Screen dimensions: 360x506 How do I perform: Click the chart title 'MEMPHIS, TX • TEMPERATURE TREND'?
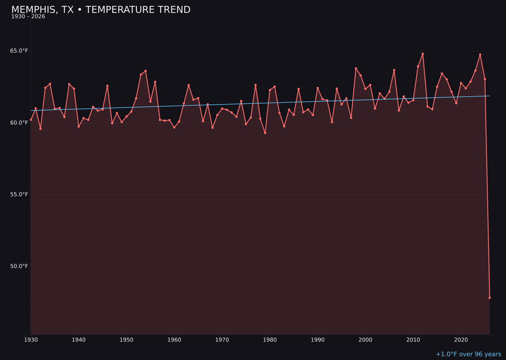[x=101, y=10]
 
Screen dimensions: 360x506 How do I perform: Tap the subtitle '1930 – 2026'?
[x=28, y=17]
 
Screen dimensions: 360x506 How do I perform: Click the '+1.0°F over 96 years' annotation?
[x=468, y=354]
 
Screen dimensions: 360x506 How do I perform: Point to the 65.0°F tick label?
[x=19, y=51]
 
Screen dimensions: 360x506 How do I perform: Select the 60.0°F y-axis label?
[x=19, y=123]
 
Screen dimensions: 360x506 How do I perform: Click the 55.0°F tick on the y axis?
[x=19, y=195]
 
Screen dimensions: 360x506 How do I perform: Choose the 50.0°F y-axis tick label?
[x=19, y=266]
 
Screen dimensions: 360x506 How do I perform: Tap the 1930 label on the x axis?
[x=31, y=340]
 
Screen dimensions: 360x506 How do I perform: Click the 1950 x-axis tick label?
[x=126, y=340]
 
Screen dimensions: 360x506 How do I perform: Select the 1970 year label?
[x=222, y=340]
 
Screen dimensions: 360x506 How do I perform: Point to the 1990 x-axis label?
[x=318, y=340]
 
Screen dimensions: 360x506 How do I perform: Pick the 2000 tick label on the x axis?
[x=365, y=340]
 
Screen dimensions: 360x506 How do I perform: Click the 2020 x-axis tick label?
[x=461, y=340]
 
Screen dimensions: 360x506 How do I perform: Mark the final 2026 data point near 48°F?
[x=490, y=298]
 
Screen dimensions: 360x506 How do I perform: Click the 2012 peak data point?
[x=423, y=54]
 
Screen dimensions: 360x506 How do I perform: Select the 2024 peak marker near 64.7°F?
[x=480, y=55]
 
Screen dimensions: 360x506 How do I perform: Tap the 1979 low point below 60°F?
[x=265, y=133]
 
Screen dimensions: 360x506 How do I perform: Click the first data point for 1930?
[x=31, y=120]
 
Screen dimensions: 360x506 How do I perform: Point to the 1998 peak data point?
[x=356, y=68]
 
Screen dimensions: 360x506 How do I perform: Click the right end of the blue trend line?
[x=490, y=96]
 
